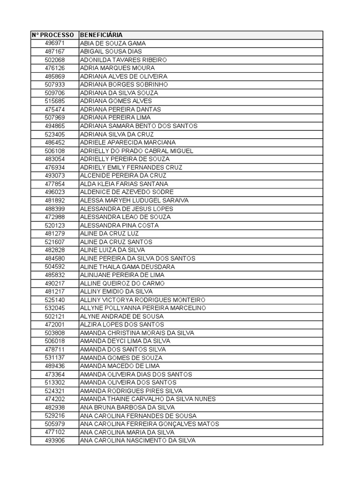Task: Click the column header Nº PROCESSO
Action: (53, 35)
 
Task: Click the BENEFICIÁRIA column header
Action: (101, 35)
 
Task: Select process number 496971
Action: (55, 43)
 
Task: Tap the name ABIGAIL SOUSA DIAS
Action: (111, 52)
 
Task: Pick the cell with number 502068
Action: (55, 60)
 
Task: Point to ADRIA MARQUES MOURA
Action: (117, 68)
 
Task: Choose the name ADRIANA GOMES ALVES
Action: (116, 101)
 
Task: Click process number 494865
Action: (55, 126)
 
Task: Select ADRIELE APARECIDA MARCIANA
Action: (128, 142)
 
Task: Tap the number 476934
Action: (55, 167)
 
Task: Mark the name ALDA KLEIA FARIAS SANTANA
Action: (124, 184)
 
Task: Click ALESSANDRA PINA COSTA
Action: (119, 225)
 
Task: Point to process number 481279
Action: (55, 233)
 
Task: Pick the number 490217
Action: (55, 284)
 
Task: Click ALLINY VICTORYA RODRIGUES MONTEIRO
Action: (142, 300)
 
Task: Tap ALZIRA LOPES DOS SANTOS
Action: (122, 325)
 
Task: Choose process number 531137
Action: (55, 358)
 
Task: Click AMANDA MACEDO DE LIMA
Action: (120, 366)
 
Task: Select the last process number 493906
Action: (55, 441)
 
